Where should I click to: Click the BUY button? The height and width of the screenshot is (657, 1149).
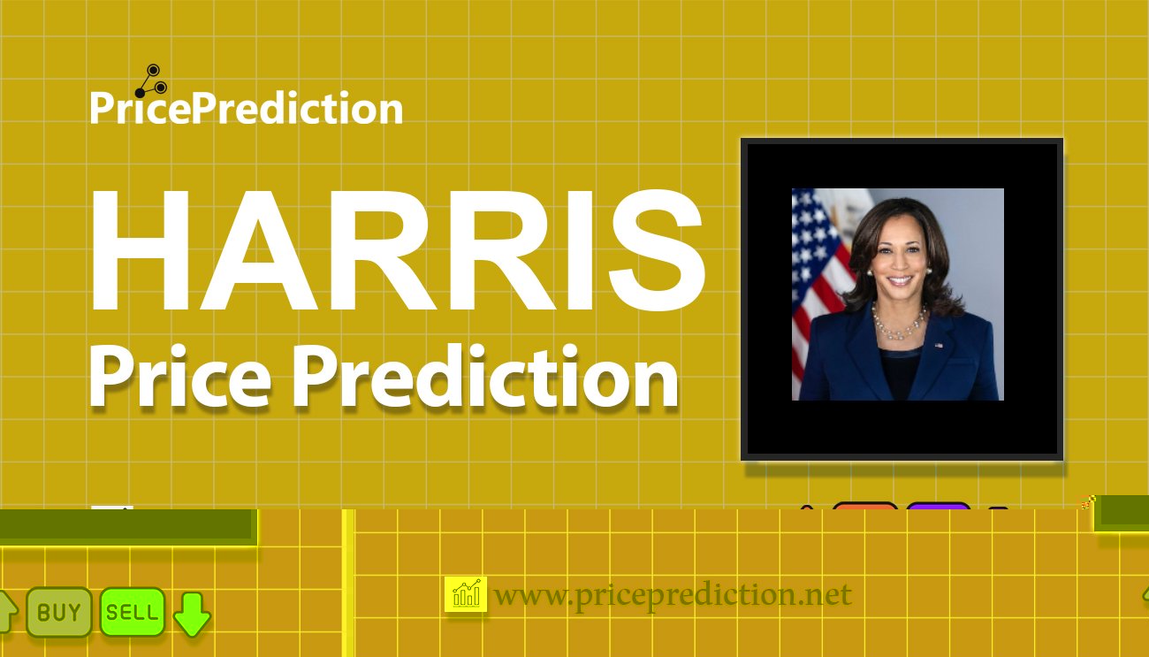[59, 612]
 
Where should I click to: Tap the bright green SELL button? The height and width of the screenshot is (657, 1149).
[133, 612]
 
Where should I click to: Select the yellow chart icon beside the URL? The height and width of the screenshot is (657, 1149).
[466, 595]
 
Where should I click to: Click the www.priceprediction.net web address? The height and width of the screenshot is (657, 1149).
[673, 595]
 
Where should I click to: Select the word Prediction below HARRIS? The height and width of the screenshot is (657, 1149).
[485, 378]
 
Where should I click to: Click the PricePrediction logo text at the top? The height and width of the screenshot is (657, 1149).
[247, 109]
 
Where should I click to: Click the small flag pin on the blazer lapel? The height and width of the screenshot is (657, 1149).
[938, 344]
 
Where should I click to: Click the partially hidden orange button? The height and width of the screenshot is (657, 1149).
[865, 506]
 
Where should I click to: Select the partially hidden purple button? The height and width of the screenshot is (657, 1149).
[938, 506]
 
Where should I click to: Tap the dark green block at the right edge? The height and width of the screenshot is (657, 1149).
[1122, 513]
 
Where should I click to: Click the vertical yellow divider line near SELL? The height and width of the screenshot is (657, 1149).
[348, 584]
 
